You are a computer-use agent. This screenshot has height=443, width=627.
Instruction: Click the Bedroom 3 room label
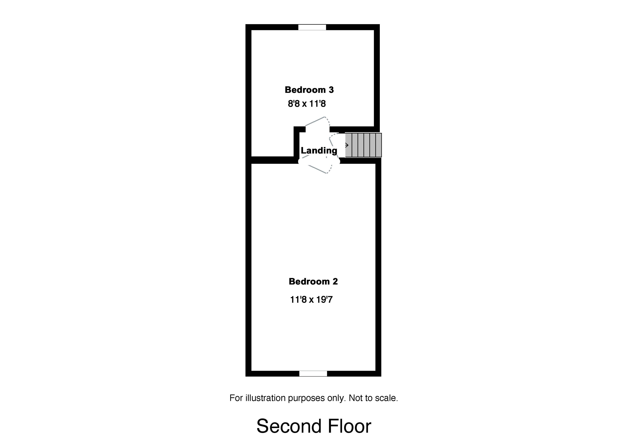point(309,90)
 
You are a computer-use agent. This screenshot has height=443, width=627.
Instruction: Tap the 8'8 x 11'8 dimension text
point(307,104)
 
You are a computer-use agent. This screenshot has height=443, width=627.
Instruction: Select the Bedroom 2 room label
point(313,281)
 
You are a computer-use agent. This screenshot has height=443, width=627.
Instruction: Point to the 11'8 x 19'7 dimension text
point(311,300)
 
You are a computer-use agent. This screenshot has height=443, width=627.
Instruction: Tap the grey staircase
point(364,145)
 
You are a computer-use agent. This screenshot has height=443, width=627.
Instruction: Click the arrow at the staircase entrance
point(347,145)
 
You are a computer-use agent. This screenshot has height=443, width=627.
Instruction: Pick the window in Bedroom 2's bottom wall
point(313,373)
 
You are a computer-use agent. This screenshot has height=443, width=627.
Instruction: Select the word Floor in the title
point(350,426)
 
